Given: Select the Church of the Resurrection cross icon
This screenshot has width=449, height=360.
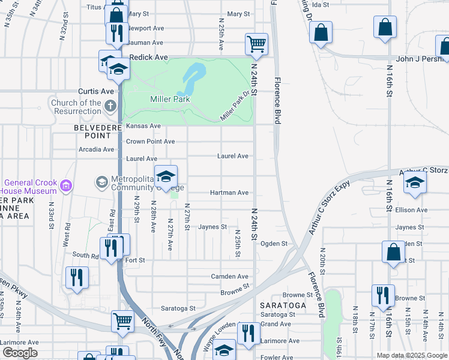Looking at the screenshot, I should pyautogui.click(x=110, y=107).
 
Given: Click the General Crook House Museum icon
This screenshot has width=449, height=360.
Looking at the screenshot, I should pyautogui.click(x=66, y=187).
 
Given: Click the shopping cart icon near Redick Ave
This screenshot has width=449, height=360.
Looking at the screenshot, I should pyautogui.click(x=256, y=44).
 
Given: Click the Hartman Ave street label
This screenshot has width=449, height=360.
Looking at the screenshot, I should pyautogui.click(x=229, y=193).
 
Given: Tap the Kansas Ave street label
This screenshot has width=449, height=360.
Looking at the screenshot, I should pyautogui.click(x=143, y=126).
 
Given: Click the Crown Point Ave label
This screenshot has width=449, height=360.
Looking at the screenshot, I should pyautogui.click(x=150, y=142).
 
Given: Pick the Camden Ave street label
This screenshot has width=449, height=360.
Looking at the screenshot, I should pyautogui.click(x=229, y=277).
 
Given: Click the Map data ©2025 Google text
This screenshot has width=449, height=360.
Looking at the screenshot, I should pyautogui.click(x=411, y=355).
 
